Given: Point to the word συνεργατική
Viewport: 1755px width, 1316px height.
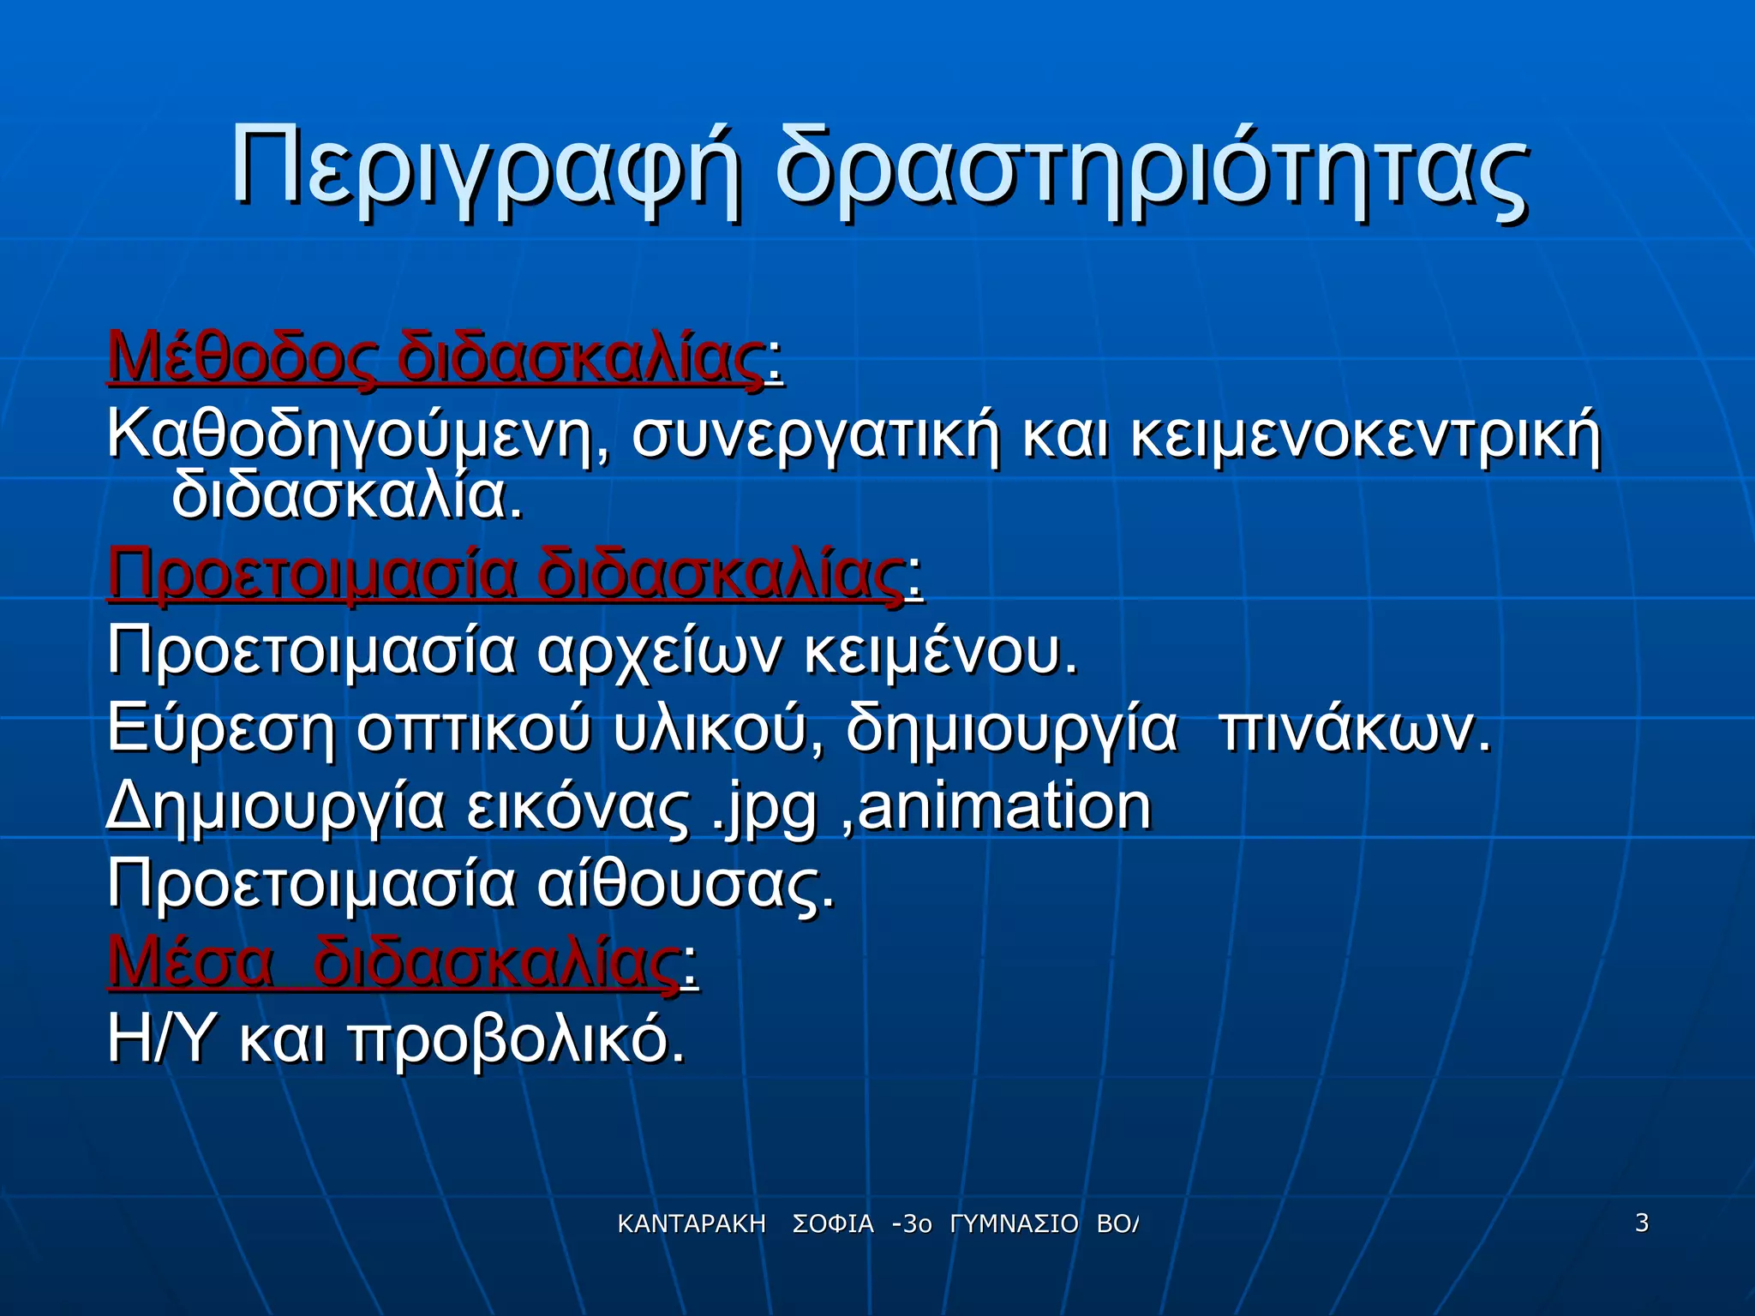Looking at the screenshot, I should [816, 437].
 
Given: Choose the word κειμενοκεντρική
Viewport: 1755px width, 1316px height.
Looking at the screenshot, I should [1365, 437].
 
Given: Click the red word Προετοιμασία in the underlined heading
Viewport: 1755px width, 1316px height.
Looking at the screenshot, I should [313, 574].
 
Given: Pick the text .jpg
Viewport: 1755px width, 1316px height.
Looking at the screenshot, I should [764, 808].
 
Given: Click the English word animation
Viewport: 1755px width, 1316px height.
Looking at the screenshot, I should [1004, 806].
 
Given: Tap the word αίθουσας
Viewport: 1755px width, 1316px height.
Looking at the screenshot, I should [686, 885].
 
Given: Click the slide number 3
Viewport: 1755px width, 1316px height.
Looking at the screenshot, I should [1642, 1223].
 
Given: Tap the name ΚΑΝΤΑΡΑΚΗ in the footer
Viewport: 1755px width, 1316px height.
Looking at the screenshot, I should [692, 1224].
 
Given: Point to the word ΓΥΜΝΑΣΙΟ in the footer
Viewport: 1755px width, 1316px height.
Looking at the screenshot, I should [1014, 1224].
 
